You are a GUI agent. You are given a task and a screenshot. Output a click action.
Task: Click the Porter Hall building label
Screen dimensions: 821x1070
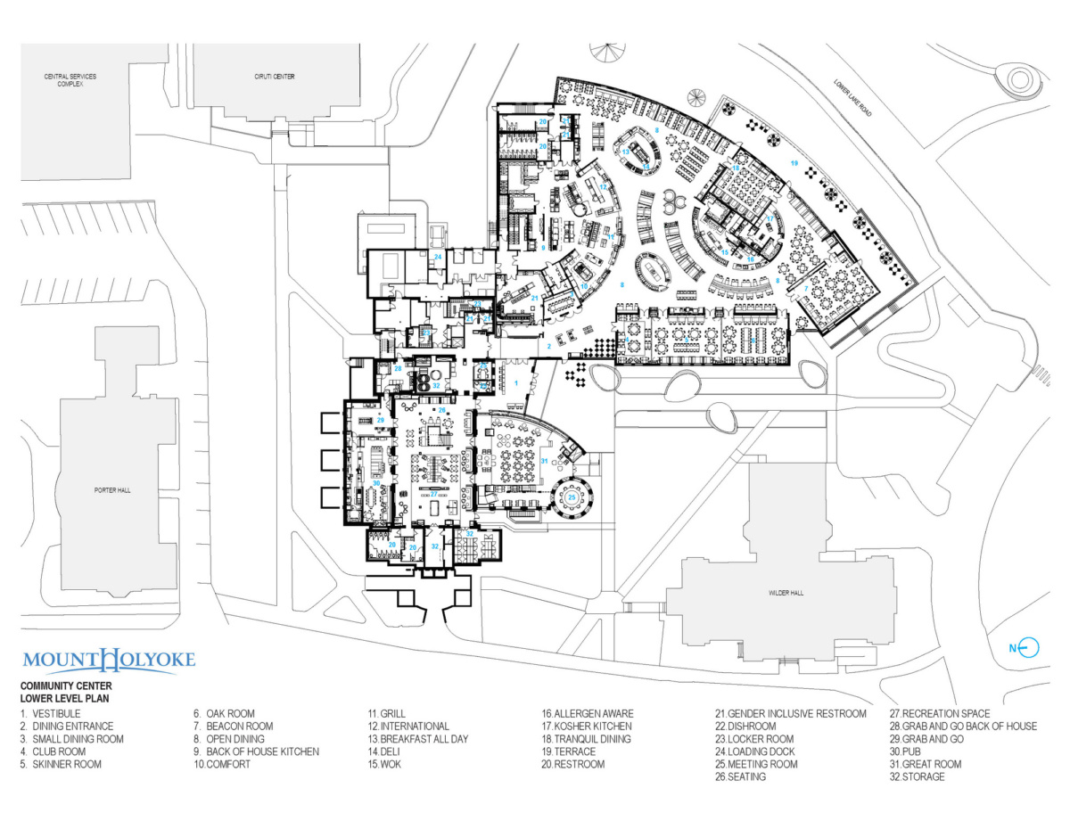(112, 490)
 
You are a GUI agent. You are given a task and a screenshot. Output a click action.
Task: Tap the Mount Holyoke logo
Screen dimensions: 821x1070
(108, 661)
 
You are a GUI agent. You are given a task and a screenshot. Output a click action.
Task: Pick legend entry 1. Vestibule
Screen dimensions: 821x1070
(51, 714)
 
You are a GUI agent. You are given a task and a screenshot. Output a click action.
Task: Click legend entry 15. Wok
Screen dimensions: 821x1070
(385, 764)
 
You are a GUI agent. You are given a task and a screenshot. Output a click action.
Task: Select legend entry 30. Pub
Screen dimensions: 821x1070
(910, 751)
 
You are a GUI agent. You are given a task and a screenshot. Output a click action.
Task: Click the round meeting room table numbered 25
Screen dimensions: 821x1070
(572, 497)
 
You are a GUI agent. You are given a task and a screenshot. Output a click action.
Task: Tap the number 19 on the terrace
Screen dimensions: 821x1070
(793, 163)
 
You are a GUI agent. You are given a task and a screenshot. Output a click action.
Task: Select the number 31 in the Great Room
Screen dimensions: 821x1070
(543, 461)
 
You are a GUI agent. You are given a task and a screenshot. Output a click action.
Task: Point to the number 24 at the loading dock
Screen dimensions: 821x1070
(438, 257)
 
